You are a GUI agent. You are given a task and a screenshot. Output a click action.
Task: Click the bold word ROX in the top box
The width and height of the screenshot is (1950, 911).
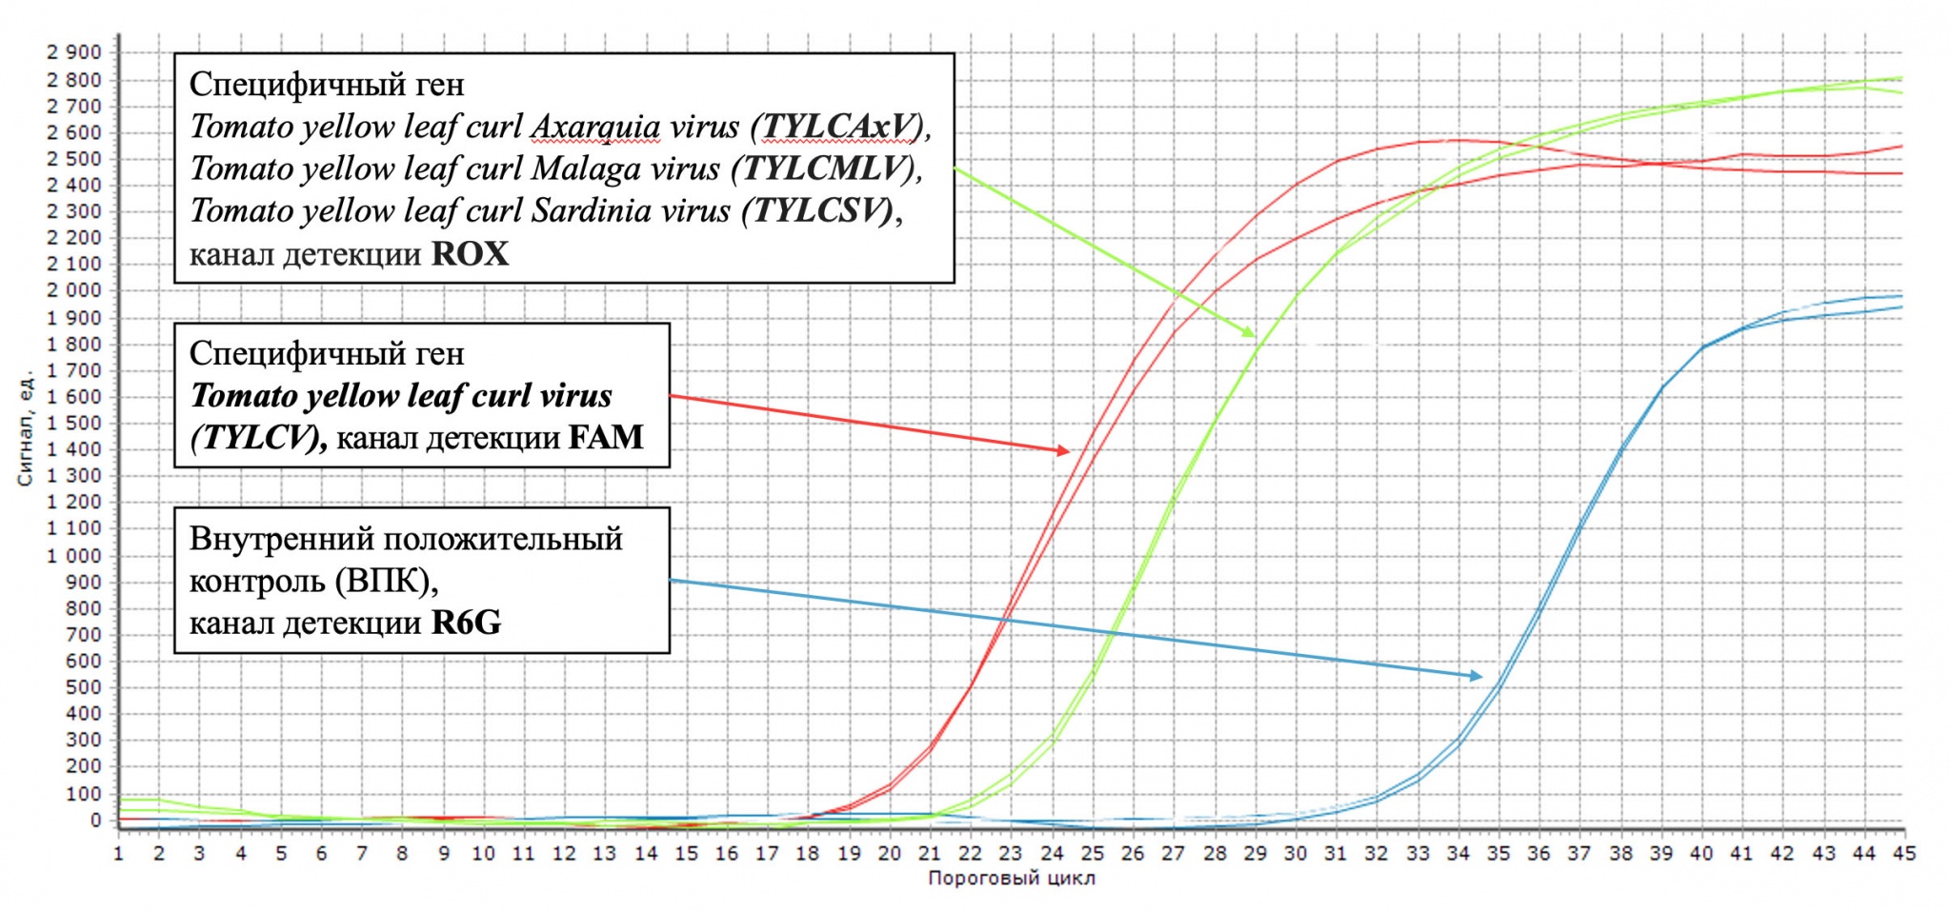(470, 254)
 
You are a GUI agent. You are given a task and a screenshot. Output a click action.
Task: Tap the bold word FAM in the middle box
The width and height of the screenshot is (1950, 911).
(606, 437)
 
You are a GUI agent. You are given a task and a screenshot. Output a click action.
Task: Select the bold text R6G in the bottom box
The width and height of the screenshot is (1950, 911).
(466, 623)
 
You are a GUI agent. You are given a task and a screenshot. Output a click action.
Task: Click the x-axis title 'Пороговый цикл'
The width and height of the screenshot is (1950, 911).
(1012, 878)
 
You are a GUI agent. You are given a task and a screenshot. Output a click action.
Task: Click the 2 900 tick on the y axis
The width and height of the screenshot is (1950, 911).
(74, 52)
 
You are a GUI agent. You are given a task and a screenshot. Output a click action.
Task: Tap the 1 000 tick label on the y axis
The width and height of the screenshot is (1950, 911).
(74, 555)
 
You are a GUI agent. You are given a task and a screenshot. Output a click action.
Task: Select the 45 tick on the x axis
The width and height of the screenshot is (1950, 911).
(1903, 853)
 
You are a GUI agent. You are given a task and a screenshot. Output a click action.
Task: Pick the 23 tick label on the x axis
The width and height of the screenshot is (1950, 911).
(1010, 853)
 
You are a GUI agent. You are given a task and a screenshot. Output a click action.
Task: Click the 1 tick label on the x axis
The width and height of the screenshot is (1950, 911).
(119, 853)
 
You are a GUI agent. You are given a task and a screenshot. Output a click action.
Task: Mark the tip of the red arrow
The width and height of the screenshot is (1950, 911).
(1070, 451)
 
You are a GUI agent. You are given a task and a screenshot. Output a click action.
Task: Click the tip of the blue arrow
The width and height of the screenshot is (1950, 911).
(1483, 677)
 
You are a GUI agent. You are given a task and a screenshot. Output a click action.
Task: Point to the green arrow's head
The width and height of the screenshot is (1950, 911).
(1255, 336)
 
